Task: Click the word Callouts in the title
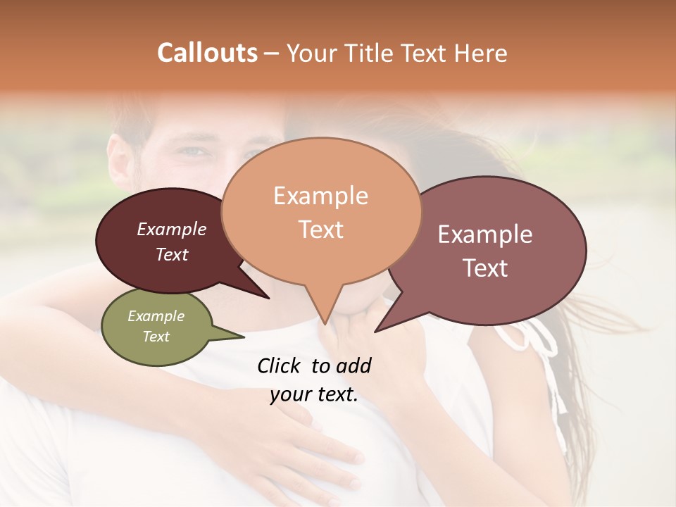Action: [x=207, y=53]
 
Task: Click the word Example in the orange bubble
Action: [x=320, y=196]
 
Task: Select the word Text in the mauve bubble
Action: [x=485, y=268]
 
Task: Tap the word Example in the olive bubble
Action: [x=156, y=316]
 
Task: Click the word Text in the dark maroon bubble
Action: [x=171, y=254]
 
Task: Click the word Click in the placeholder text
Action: [x=280, y=365]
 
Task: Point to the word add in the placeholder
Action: [x=353, y=365]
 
